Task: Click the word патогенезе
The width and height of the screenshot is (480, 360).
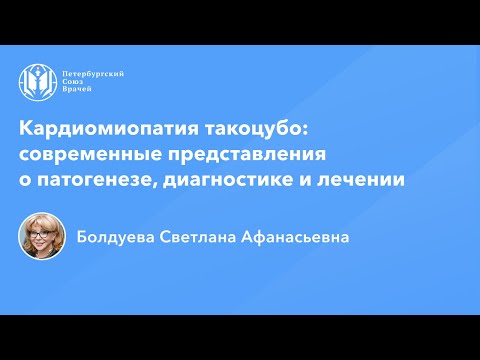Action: pos(86,181)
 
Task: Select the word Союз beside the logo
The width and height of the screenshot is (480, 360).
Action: pos(75,83)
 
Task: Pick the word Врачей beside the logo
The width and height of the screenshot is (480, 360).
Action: pos(77,93)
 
